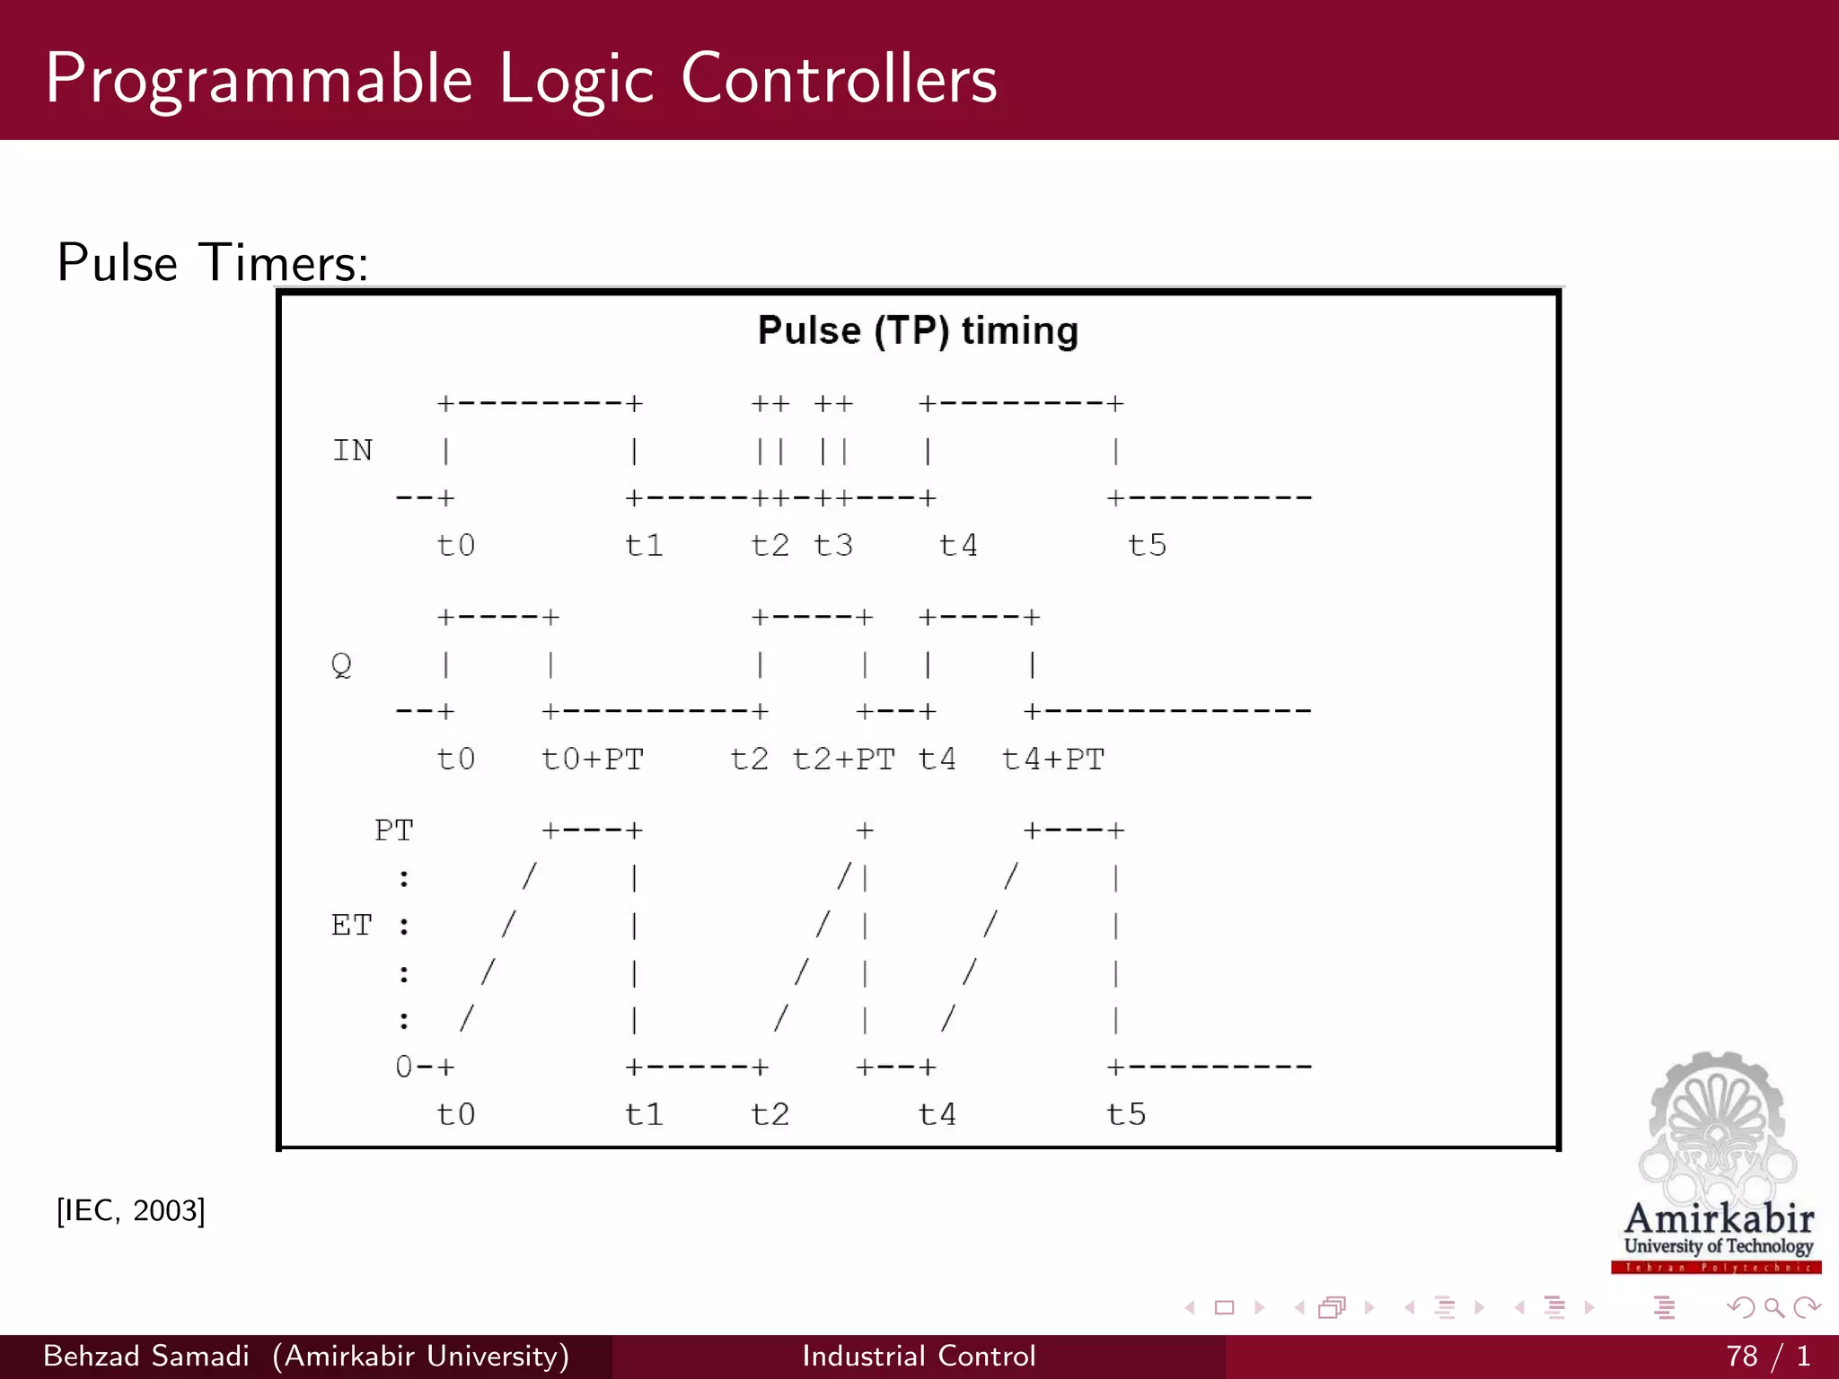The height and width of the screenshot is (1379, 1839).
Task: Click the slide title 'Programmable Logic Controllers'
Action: coord(521,79)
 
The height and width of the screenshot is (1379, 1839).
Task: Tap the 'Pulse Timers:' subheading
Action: coord(213,263)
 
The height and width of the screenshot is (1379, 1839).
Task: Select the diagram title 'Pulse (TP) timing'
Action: coord(918,330)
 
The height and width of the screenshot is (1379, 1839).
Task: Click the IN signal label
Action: coord(352,451)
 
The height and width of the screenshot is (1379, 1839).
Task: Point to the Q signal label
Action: coord(341,665)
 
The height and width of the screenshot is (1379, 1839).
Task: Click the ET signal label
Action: coord(351,926)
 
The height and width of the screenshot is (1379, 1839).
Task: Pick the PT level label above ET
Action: coord(394,830)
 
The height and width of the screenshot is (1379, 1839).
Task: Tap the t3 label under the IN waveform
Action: coord(833,545)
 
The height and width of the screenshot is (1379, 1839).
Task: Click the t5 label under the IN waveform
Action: coord(1147,545)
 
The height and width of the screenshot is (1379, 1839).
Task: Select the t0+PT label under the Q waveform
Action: coord(593,760)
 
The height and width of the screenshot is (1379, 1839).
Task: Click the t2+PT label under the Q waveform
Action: coord(843,760)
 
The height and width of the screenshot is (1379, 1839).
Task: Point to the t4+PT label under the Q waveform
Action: coord(1052,760)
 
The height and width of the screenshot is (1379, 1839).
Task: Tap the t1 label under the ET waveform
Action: coord(644,1114)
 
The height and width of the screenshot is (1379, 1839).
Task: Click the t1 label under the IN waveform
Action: coord(644,545)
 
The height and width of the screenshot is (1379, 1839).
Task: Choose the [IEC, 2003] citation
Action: coord(131,1210)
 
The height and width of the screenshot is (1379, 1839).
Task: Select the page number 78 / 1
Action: coord(1767,1356)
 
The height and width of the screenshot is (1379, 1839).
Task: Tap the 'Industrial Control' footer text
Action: coord(919,1356)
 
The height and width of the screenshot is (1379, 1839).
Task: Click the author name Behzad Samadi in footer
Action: coord(146,1356)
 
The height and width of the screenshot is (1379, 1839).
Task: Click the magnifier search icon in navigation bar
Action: coord(1773,1307)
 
